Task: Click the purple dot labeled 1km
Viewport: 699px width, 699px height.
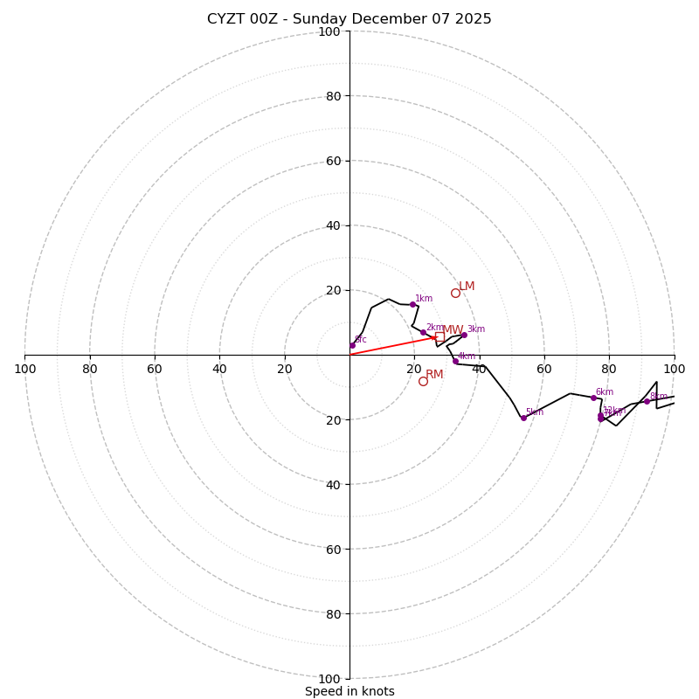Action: pos(412,304)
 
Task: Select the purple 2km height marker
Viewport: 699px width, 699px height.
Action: pos(423,332)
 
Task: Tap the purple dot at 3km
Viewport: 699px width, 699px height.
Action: pos(464,335)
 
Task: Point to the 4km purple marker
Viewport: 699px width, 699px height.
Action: pos(455,361)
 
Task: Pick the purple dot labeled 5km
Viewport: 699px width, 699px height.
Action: pos(523,418)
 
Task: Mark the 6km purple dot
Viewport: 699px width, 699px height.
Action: pos(593,398)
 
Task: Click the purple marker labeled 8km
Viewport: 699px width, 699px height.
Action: pos(647,401)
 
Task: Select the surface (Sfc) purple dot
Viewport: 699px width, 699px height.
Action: pos(352,345)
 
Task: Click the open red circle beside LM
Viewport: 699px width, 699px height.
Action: pos(455,293)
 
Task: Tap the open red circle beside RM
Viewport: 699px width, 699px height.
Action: pos(423,381)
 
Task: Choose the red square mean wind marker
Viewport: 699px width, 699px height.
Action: pos(439,336)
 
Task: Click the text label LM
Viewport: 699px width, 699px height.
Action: pos(467,287)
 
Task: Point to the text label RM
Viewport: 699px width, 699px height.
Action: pos(434,375)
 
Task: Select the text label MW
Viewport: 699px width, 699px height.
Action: pos(453,330)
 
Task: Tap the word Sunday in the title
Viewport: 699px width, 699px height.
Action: pos(332,19)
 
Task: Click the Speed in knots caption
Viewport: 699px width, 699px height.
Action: pos(349,691)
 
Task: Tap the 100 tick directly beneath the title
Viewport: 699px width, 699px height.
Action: pos(329,31)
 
